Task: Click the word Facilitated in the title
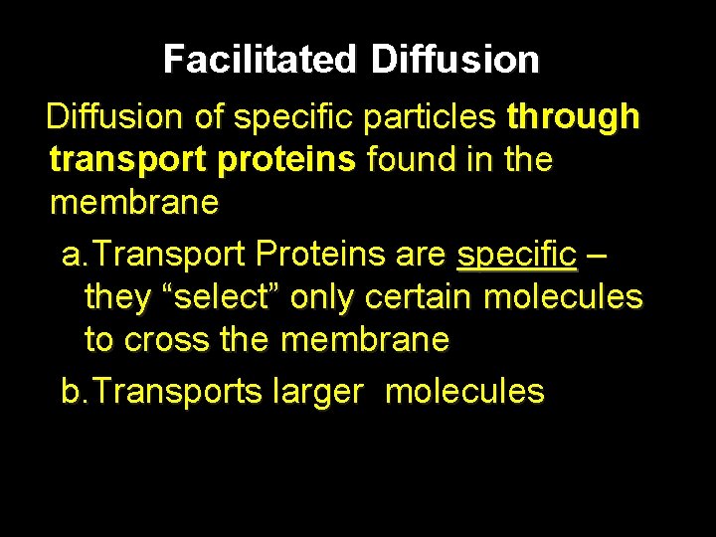[x=259, y=61]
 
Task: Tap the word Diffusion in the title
[x=454, y=61]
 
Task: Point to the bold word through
[x=573, y=117]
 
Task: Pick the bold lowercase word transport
[x=122, y=159]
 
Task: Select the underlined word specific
[x=516, y=255]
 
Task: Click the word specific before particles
[x=297, y=117]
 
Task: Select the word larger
[x=316, y=392]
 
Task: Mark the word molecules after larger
[x=464, y=392]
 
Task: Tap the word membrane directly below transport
[x=133, y=202]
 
